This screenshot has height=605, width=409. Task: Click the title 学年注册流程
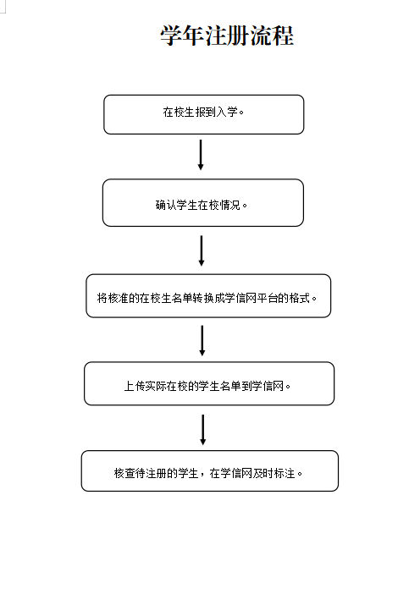227,36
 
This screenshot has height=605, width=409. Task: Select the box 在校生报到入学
204,114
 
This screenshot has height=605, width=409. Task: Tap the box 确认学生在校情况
203,202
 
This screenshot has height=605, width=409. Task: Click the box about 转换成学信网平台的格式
208,296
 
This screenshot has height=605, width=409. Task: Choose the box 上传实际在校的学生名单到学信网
209,383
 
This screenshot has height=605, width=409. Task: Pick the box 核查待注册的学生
210,470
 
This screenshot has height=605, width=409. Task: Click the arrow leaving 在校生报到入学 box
201,155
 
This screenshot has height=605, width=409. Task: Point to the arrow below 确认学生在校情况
202,250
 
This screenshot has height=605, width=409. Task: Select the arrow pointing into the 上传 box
202,341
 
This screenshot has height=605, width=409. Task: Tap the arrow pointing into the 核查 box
202,430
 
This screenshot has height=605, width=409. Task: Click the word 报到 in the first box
206,112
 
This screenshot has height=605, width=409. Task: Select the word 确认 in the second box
166,205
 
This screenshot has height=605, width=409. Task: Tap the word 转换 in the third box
203,298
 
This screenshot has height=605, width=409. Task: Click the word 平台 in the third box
268,298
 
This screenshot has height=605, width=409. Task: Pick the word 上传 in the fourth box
135,386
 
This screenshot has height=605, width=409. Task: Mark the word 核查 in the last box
124,473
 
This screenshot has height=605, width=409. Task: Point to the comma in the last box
202,476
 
